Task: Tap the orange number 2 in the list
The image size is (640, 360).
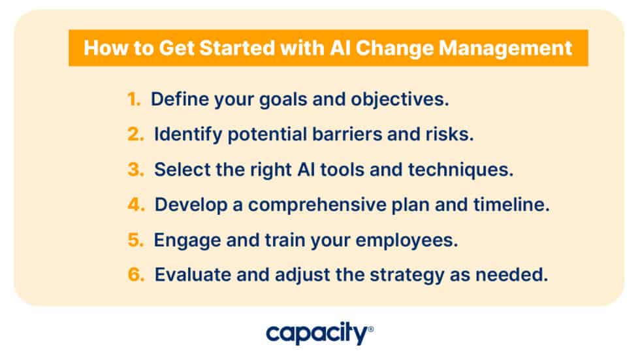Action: pos(135,135)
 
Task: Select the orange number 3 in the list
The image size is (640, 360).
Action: pos(135,170)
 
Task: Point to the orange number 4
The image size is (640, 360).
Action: pos(135,205)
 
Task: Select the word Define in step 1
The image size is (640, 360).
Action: pos(173,99)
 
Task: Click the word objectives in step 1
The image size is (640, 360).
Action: pos(400,99)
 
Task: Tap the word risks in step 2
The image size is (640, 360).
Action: pos(449,135)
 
